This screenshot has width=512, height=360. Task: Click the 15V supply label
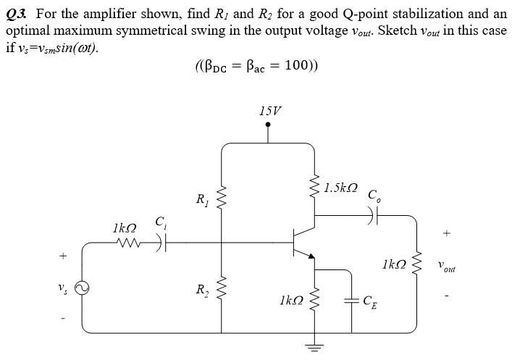(269, 111)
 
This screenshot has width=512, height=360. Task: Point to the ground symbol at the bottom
(314, 348)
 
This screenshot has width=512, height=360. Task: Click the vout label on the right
(447, 267)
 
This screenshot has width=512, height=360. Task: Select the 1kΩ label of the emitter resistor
(290, 299)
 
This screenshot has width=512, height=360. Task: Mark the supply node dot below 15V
(269, 124)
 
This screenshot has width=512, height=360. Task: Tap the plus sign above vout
(447, 233)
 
